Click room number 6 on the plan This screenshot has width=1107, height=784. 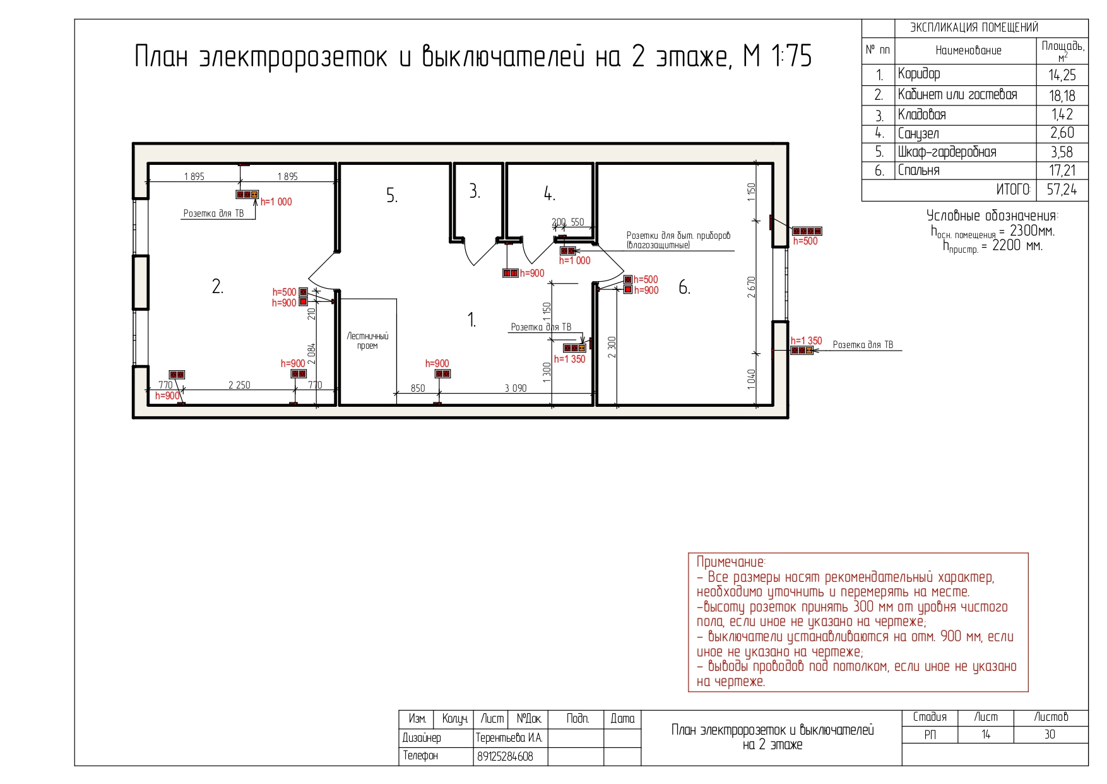click(684, 288)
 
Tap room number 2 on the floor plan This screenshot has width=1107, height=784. click(217, 287)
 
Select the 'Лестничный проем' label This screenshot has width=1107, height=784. click(367, 341)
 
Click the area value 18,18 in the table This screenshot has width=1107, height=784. click(1062, 95)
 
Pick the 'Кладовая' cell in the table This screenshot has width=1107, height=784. click(921, 115)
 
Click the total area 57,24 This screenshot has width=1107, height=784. click(1062, 190)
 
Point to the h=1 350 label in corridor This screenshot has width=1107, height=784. click(569, 359)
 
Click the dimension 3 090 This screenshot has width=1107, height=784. click(515, 388)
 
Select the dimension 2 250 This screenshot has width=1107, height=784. click(239, 385)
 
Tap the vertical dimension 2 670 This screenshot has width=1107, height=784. click(751, 287)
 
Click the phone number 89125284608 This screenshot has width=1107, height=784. click(505, 756)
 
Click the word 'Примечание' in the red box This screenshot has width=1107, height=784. click(730, 562)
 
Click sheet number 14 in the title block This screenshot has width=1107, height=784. click(985, 735)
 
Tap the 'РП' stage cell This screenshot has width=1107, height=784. click(930, 735)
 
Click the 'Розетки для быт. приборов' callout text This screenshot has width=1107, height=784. click(678, 236)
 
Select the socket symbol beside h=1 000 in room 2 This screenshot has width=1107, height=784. click(247, 195)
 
